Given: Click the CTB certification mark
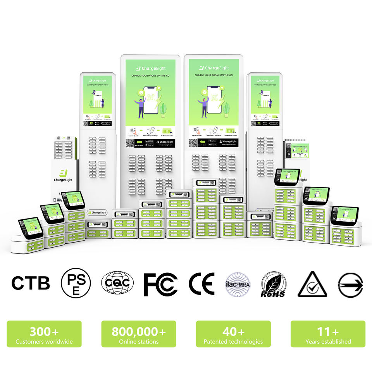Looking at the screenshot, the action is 31,283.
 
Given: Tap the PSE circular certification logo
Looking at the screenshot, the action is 76,283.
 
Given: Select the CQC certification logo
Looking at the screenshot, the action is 117,283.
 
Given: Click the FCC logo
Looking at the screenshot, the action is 160,284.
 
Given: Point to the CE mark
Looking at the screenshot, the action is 201,284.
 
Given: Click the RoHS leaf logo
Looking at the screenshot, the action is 274,284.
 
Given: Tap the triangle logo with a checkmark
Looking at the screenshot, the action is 312,284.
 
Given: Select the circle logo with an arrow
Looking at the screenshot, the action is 350,284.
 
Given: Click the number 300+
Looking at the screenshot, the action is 44,332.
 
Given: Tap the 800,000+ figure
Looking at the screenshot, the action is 139,332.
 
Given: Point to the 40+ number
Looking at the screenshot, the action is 233,332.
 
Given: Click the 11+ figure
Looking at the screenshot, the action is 328,332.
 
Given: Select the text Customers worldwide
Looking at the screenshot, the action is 44,342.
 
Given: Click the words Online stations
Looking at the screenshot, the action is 139,342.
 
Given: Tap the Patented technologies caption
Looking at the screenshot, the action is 233,342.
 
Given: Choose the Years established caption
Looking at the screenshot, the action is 328,342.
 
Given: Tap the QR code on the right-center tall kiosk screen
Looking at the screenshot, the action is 193,143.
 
